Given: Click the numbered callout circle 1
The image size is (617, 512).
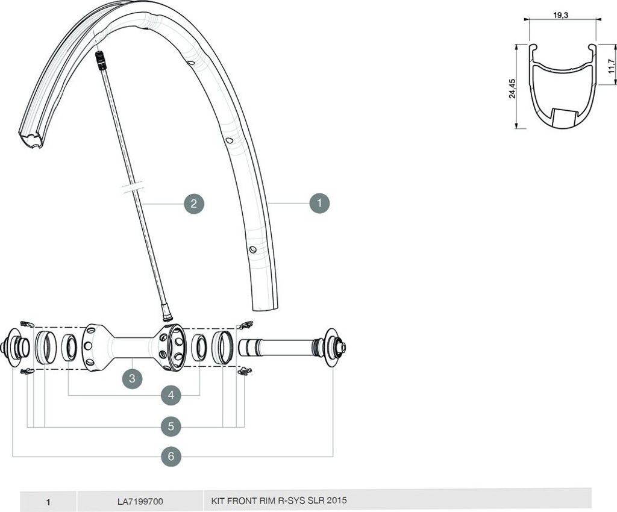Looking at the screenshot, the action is coord(319,204).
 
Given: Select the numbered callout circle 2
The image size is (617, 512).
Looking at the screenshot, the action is coord(194,204).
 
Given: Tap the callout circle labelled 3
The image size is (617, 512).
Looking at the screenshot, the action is coord(132,378).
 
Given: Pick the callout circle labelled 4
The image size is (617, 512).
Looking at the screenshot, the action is coord(171,395).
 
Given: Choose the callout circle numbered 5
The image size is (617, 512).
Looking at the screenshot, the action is coord(171,426).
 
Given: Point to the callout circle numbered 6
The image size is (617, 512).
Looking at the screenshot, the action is coord(171,456).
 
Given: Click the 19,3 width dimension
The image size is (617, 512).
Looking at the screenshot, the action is coord(563,16).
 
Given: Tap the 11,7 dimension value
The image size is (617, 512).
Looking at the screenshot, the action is coord(611,66).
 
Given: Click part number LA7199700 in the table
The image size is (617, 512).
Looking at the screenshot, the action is coord(140,501).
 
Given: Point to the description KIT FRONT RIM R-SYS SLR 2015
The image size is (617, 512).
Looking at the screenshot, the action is coord(279,501).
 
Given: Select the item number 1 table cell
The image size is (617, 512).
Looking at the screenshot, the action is coord(48,502).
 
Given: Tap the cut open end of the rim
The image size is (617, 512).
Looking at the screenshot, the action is coord(30,140).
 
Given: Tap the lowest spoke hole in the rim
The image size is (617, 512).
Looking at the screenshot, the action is coord(252,249).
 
